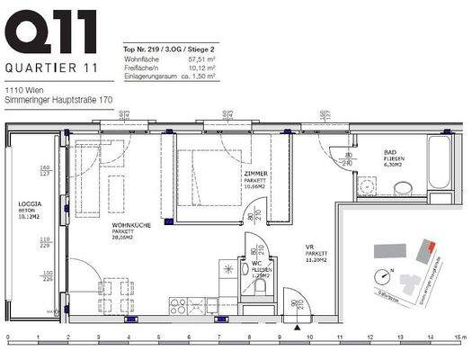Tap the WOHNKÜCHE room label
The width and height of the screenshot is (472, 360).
point(130,225)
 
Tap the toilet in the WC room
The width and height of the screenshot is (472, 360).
point(259,287)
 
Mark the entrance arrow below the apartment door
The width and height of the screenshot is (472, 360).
point(295,327)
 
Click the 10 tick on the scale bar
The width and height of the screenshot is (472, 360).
point(309,338)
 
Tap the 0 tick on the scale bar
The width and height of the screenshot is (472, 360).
point(7,338)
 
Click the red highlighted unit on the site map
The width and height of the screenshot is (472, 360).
point(432,247)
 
